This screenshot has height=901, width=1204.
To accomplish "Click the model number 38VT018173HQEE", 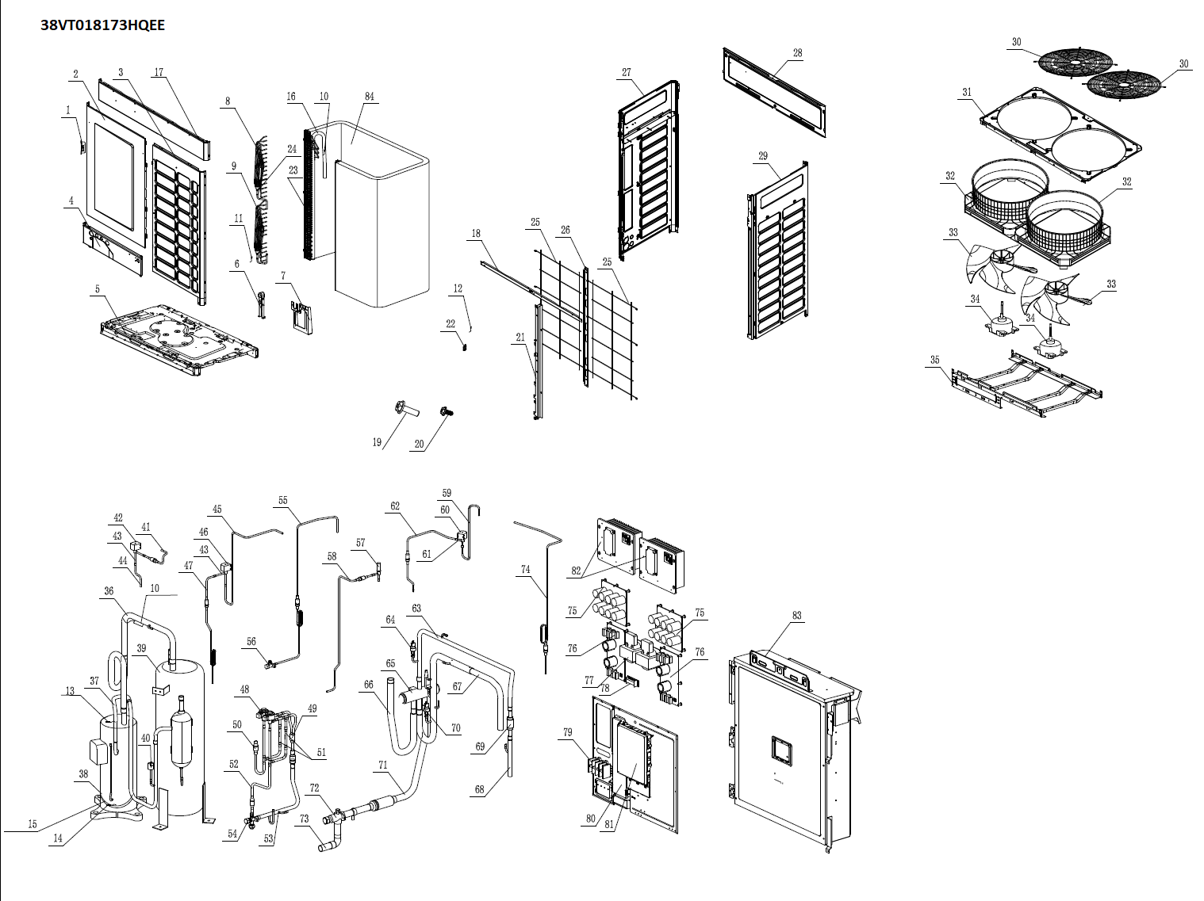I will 103,25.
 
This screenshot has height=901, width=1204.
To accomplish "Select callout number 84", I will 370,97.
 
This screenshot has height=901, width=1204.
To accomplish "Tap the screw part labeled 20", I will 446,412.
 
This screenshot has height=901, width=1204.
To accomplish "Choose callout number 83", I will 797,615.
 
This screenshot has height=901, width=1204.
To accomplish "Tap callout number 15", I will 33,824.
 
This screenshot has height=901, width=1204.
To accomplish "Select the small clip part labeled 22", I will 466,344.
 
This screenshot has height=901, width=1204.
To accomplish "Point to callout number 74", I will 526,570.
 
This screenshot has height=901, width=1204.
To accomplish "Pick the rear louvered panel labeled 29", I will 777,254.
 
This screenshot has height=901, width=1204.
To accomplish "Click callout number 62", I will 395,506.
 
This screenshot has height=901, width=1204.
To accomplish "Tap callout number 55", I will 283,501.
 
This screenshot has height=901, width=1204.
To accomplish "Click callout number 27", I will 627,72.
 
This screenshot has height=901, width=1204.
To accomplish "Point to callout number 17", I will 159,72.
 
